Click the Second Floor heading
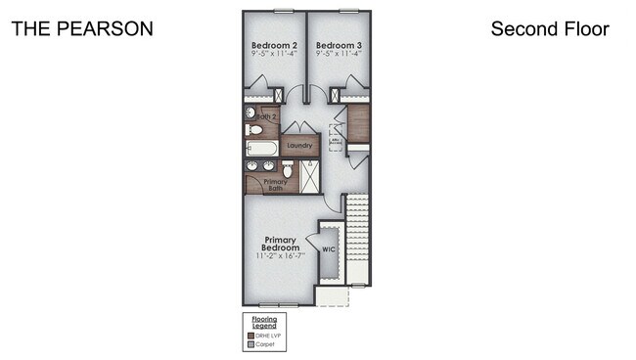coord(550,29)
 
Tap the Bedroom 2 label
coord(274,46)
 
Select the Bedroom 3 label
coord(338,46)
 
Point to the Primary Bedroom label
coord(281,244)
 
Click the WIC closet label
coord(329,248)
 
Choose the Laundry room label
coord(299,146)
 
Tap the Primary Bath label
coord(275,183)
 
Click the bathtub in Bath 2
coord(262,149)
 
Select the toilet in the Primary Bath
coord(287,168)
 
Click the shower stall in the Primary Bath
coord(310,176)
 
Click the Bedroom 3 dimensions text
coord(338,55)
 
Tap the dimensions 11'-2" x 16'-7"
coord(281,256)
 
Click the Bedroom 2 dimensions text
coord(274,55)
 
